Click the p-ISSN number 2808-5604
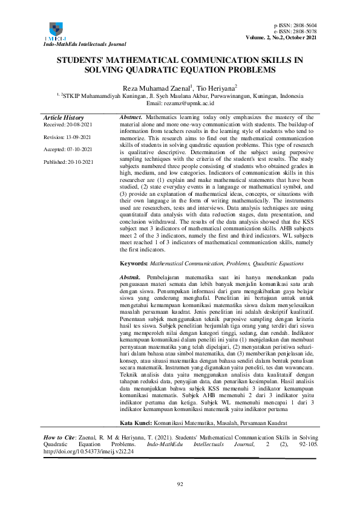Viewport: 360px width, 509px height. [x=305, y=25]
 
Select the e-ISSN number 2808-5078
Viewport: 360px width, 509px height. [x=305, y=31]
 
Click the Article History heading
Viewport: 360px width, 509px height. [x=64, y=117]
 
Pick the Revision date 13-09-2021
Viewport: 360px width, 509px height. [x=77, y=138]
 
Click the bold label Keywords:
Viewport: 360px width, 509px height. [x=133, y=264]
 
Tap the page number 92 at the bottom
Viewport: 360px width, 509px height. [x=180, y=484]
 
